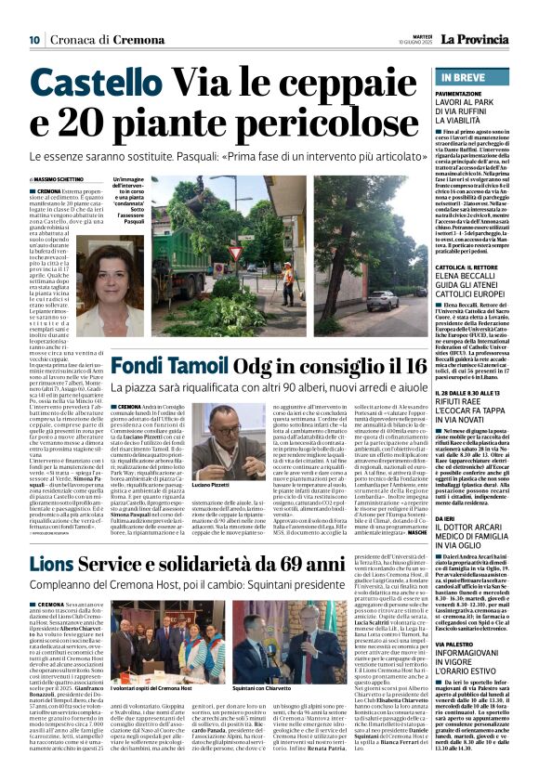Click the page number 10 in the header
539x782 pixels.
[33, 39]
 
